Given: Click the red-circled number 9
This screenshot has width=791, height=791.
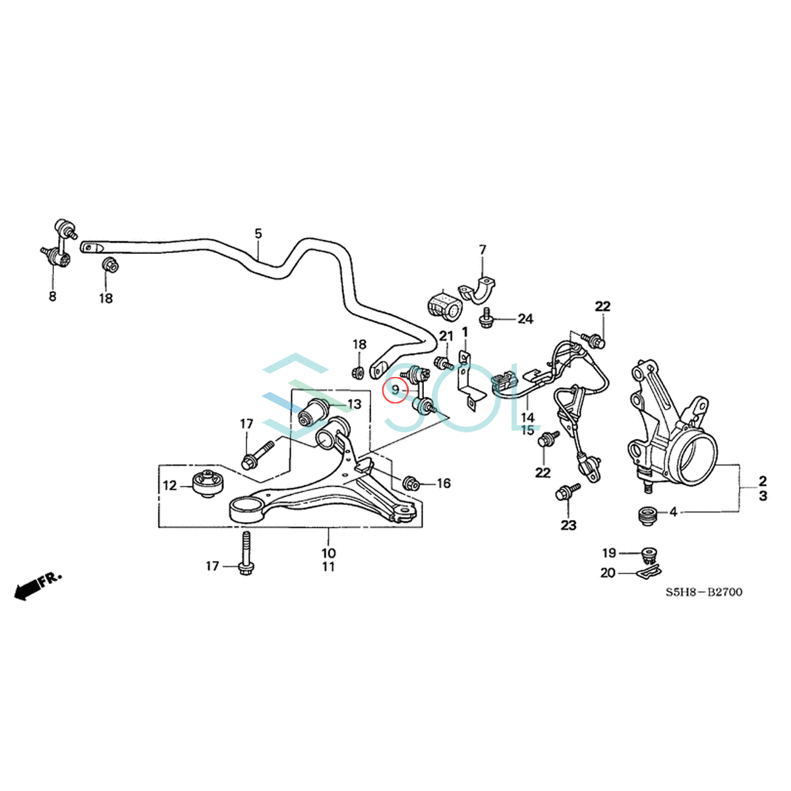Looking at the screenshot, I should pyautogui.click(x=395, y=391).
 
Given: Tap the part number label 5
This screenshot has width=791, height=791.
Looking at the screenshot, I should pyautogui.click(x=258, y=233).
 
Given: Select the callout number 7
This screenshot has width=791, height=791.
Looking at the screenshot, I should pyautogui.click(x=483, y=250).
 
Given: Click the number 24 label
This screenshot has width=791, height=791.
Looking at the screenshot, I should pyautogui.click(x=525, y=319).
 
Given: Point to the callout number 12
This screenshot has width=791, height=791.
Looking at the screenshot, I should pyautogui.click(x=170, y=486).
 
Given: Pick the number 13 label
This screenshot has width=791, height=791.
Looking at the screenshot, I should pyautogui.click(x=354, y=404).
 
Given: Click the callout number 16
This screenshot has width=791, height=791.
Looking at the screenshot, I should pyautogui.click(x=444, y=484).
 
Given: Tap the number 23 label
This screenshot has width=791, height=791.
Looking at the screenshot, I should pyautogui.click(x=568, y=525).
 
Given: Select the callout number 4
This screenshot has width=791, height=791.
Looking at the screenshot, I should pyautogui.click(x=673, y=511).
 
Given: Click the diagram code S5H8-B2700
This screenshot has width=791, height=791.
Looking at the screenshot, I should pyautogui.click(x=703, y=592).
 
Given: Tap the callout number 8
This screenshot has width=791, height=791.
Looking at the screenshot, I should pyautogui.click(x=53, y=297).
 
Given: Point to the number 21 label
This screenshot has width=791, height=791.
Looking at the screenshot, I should pyautogui.click(x=446, y=337).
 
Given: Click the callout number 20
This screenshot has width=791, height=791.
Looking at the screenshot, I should pyautogui.click(x=608, y=573).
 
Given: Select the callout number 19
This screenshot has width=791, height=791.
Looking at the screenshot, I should pyautogui.click(x=608, y=553).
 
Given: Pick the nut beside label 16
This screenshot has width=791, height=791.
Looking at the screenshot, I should pyautogui.click(x=408, y=483).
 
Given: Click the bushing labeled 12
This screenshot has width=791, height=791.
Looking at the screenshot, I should pyautogui.click(x=208, y=484).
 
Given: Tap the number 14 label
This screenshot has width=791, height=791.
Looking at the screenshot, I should pyautogui.click(x=527, y=417).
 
